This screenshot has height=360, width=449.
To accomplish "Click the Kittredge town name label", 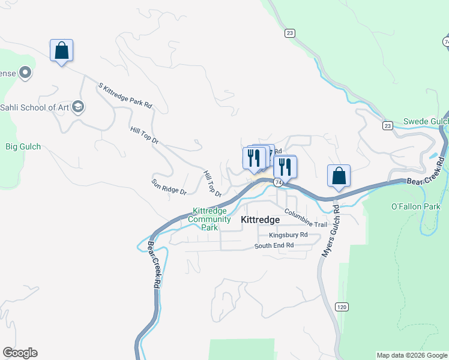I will [x=261, y=220].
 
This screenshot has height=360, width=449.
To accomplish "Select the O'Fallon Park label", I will [x=415, y=207].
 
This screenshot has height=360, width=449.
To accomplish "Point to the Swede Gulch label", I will [x=425, y=121].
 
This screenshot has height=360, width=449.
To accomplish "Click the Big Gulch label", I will [x=23, y=146].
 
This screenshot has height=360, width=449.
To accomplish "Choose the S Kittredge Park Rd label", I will [x=125, y=95].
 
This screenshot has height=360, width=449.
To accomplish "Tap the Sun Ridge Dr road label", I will [x=169, y=187].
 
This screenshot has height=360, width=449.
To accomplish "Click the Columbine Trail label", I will [x=306, y=219].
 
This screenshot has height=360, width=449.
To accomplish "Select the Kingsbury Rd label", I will [x=288, y=235].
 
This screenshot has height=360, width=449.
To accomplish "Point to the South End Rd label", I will [x=274, y=245].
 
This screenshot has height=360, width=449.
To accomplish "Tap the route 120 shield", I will [x=342, y=307].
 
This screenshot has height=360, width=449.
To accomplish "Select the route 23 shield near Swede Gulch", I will [x=387, y=125].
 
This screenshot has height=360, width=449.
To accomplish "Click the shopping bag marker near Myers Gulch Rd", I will [x=339, y=176].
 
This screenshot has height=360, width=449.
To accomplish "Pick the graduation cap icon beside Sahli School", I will [x=77, y=107].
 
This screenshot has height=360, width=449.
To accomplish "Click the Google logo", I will [x=20, y=353].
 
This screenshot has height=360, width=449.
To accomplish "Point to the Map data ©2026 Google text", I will [x=412, y=355].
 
